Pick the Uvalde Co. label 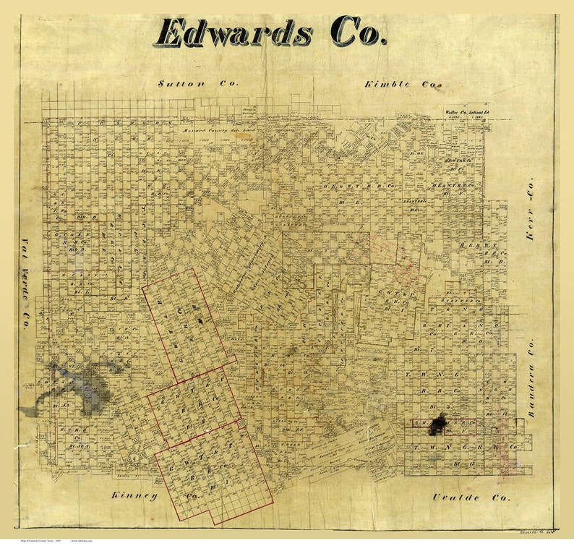click(471, 497)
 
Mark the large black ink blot click(438, 427)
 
